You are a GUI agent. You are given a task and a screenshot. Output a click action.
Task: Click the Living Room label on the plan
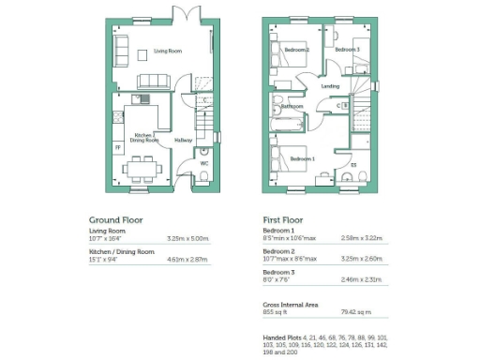pyautogui.click(x=169, y=52)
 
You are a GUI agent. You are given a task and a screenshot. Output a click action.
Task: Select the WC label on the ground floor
pyautogui.click(x=204, y=163)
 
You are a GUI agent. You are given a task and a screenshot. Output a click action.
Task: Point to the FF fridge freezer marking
pyautogui.click(x=117, y=147)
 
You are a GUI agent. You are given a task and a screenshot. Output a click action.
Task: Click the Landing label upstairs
pyautogui.click(x=330, y=86)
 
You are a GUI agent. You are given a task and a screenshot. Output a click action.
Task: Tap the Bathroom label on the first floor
pyautogui.click(x=292, y=107)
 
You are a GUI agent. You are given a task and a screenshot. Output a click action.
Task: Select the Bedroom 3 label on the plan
pyautogui.click(x=348, y=50)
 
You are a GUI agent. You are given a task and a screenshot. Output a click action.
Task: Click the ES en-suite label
pyautogui.click(x=353, y=166)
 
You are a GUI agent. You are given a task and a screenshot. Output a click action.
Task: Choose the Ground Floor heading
pyautogui.click(x=115, y=217)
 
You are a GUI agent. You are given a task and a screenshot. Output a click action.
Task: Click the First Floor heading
pyautogui.click(x=286, y=217)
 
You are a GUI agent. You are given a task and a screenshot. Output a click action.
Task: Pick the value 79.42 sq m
pyautogui.click(x=357, y=313)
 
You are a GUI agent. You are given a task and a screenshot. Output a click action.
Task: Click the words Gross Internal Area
pyautogui.click(x=292, y=305)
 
